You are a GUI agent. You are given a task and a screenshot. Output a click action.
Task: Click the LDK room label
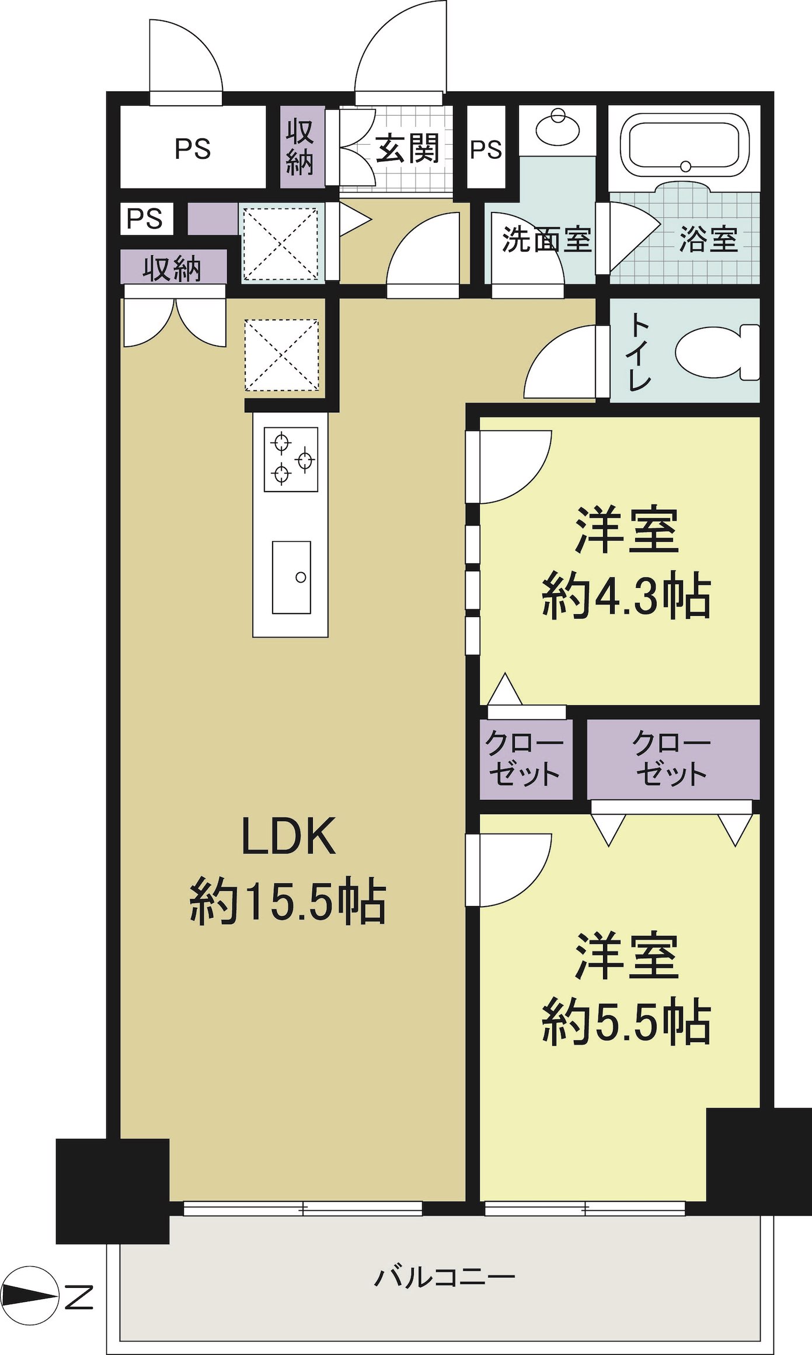[x=288, y=837]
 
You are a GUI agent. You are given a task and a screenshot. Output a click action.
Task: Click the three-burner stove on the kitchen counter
[x=291, y=459]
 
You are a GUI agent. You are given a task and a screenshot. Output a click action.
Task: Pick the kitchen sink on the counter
[x=291, y=577]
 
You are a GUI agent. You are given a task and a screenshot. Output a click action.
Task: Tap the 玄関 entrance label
[x=407, y=149]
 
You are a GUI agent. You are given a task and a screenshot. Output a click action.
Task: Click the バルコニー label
[x=444, y=1277]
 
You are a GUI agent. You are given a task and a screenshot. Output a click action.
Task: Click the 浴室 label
[x=708, y=239]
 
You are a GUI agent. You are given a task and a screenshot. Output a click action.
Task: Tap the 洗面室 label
[x=546, y=239]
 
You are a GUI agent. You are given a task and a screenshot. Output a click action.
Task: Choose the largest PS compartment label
[x=193, y=149]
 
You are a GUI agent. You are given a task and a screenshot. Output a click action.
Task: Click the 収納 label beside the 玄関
[x=300, y=148]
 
